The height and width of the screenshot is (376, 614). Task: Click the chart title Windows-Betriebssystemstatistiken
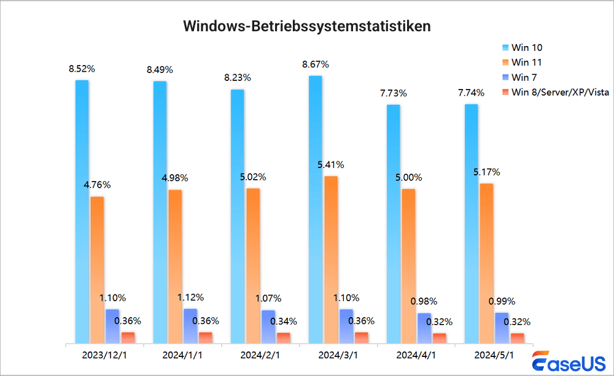[x=307, y=27]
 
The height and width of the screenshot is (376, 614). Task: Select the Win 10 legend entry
[x=527, y=48]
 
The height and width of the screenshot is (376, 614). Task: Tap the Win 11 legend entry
[x=527, y=63]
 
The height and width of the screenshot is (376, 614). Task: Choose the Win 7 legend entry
[x=524, y=77]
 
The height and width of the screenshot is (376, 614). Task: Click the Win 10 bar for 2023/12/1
[x=82, y=212]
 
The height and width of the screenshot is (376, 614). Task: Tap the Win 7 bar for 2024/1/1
[x=190, y=326]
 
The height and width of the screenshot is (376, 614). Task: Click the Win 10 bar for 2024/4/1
[x=393, y=224]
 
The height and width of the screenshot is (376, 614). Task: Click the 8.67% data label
[x=316, y=64]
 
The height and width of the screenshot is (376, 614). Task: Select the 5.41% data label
[x=331, y=164]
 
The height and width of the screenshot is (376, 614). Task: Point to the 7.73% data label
[x=393, y=93]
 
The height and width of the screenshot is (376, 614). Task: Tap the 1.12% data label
[x=190, y=297]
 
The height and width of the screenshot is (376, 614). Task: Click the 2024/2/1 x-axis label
[x=260, y=355]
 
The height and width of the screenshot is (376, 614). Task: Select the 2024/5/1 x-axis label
[x=494, y=355]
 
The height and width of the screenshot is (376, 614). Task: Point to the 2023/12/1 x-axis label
[x=104, y=355]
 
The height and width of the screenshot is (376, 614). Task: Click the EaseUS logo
[x=568, y=363]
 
